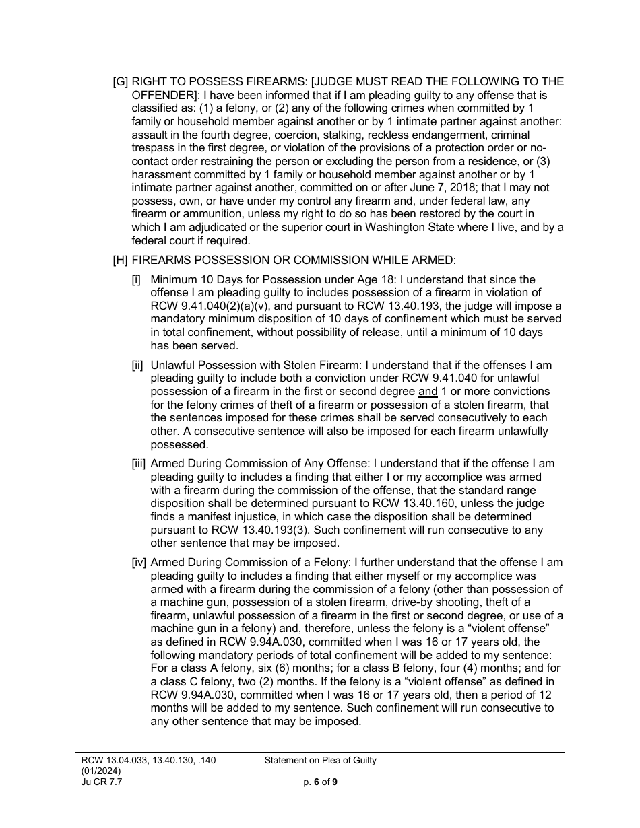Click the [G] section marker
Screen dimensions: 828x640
(121, 82)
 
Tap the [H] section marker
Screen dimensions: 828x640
(121, 261)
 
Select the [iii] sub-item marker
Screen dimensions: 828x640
(139, 464)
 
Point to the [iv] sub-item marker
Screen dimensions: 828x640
(139, 563)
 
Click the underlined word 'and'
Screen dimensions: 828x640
(428, 392)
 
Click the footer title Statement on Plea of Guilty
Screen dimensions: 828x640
(320, 761)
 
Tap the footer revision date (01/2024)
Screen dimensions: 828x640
(102, 771)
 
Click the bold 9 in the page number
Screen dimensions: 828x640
(334, 782)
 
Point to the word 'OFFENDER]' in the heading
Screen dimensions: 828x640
(161, 95)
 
